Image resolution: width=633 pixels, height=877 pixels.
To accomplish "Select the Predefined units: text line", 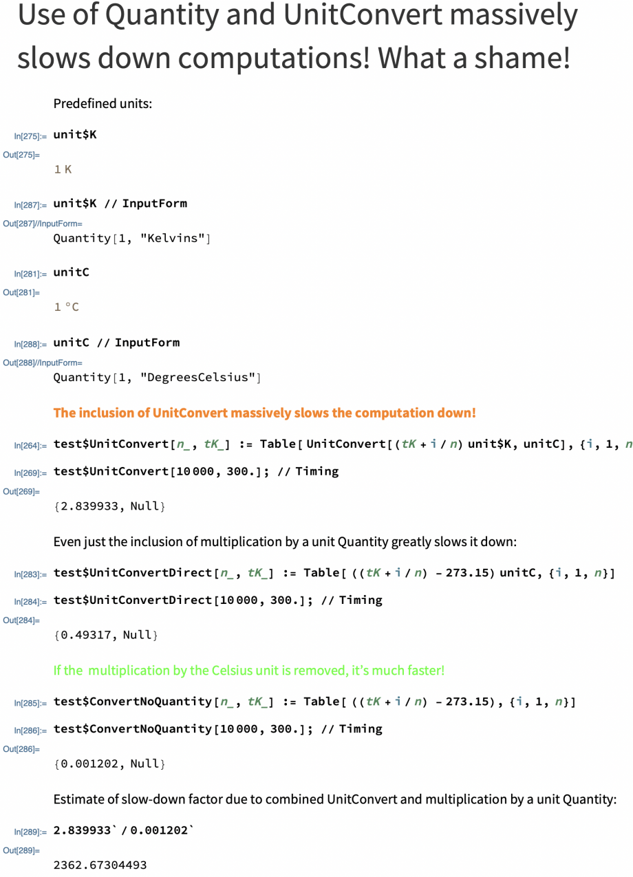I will tap(103, 104).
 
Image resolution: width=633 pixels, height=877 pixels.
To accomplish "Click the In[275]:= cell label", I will tap(30, 136).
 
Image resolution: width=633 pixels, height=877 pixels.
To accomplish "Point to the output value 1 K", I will tap(63, 169).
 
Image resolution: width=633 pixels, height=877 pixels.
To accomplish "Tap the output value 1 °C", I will tap(67, 307).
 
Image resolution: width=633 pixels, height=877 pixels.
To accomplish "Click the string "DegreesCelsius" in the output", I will tap(197, 377).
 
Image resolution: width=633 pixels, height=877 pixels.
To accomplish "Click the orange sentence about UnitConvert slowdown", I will tap(264, 413).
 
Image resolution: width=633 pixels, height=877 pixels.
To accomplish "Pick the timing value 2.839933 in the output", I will tap(89, 506).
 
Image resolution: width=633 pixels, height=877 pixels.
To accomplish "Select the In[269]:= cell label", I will tap(30, 472).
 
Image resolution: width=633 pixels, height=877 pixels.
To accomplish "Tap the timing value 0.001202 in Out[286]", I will tap(89, 764).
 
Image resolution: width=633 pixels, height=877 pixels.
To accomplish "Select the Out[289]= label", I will tap(21, 850).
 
